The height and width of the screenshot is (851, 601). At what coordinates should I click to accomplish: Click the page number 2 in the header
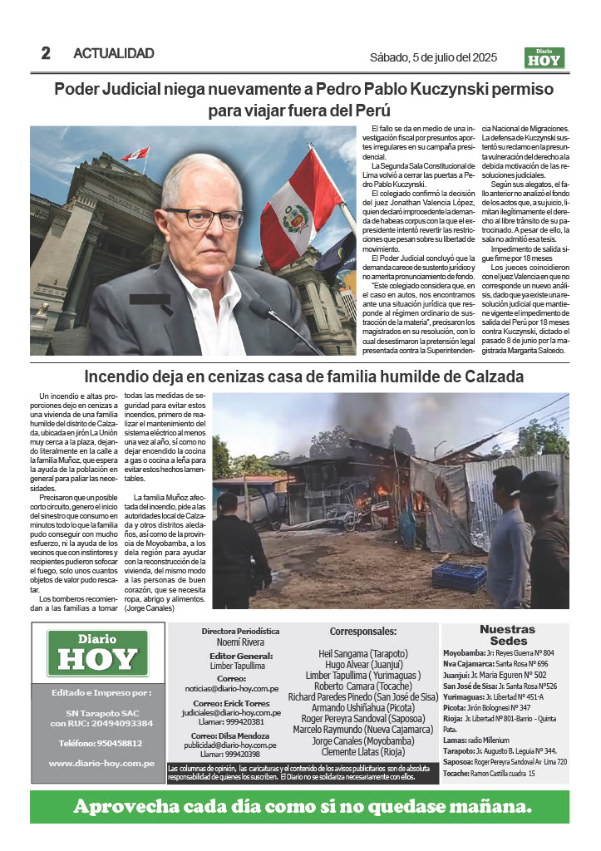point(46,53)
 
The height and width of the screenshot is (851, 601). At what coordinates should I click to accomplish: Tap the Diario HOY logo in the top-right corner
point(545,57)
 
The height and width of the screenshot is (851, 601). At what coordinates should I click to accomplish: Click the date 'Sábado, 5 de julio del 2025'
point(433,57)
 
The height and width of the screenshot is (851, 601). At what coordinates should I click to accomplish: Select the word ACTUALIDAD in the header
point(114,53)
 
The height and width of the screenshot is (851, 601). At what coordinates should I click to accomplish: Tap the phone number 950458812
point(96,744)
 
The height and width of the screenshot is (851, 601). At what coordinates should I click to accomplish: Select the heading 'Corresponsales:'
point(362,632)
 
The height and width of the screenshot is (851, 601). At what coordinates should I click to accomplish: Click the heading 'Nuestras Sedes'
point(507,636)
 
